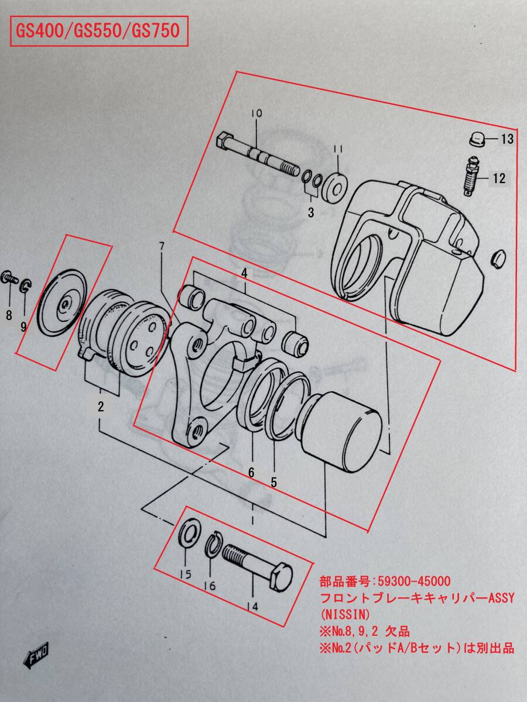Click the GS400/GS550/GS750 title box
[x=99, y=32]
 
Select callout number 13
[x=507, y=139]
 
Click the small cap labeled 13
[x=477, y=139]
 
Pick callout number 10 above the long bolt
[x=256, y=113]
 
